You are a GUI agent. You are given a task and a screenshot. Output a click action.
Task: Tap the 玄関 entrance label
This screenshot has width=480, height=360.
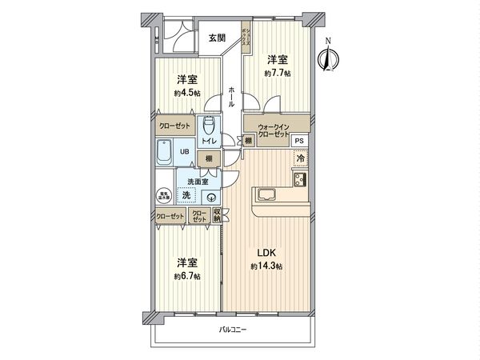[x=217, y=38]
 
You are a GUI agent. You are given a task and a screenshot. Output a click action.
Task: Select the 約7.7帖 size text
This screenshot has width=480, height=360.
[x=278, y=73]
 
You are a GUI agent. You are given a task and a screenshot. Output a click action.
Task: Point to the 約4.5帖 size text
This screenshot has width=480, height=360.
[x=188, y=93]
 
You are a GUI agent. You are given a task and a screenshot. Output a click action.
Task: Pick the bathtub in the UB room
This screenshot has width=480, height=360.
[x=166, y=151]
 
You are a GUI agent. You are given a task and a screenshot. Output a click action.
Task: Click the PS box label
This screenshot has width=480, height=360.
[x=298, y=142]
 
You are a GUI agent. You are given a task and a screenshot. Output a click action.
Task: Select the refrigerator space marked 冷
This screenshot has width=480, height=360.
[x=300, y=158]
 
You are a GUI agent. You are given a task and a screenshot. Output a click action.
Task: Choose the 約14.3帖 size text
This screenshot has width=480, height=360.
[x=266, y=266]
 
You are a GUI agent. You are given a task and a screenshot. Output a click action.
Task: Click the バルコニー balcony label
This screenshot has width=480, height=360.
[x=234, y=330]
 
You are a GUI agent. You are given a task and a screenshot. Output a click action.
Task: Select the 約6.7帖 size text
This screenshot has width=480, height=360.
[x=188, y=276]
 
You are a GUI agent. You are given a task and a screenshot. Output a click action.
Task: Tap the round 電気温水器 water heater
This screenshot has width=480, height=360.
[x=162, y=194]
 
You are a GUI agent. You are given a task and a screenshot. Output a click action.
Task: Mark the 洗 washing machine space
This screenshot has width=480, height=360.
[x=186, y=195]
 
